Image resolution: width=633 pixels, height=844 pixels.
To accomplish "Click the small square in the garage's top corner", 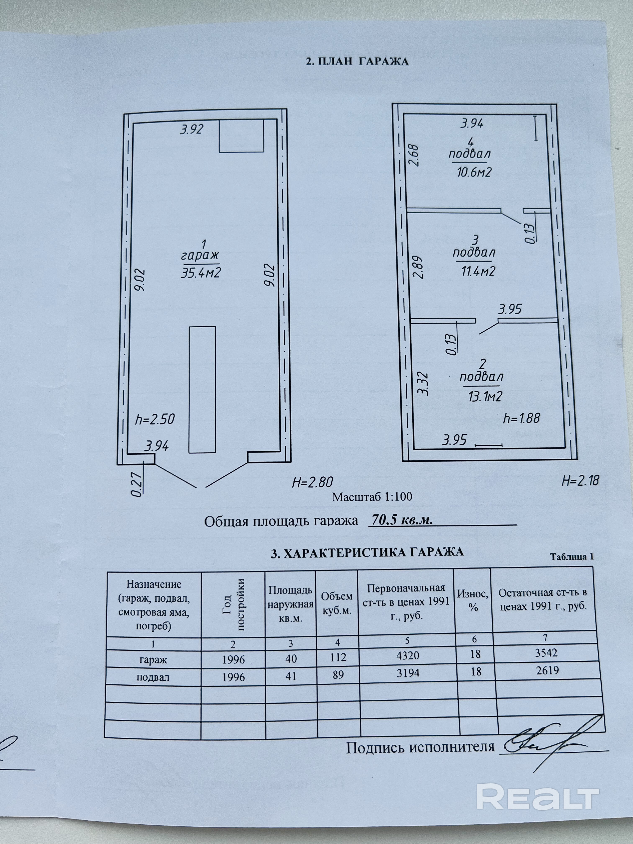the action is [x=242, y=136].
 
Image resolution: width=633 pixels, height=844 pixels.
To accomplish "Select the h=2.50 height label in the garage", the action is [x=155, y=419].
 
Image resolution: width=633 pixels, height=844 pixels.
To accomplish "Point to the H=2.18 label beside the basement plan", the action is [x=580, y=480].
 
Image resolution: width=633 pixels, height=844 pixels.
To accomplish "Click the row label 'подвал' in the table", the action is [x=153, y=677].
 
